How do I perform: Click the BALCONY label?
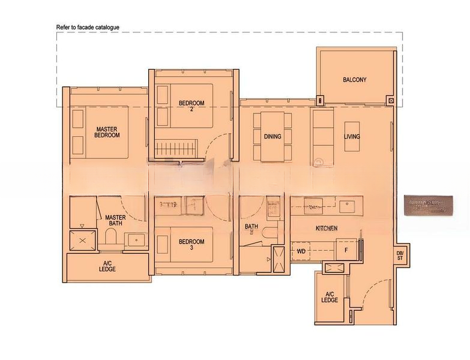pyautogui.click(x=355, y=80)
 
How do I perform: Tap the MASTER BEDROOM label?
pyautogui.click(x=107, y=132)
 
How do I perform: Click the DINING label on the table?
pyautogui.click(x=272, y=136)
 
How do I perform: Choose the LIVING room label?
pyautogui.click(x=352, y=136)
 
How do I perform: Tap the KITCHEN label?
pyautogui.click(x=327, y=229)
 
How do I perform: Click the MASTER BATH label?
pyautogui.click(x=115, y=221)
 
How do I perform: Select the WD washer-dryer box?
pyautogui.click(x=301, y=251)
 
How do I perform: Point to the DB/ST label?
pyautogui.click(x=400, y=256)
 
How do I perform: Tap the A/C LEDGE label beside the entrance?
pyautogui.click(x=330, y=296)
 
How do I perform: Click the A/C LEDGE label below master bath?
pyautogui.click(x=107, y=266)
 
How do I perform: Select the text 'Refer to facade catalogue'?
pyautogui.click(x=88, y=28)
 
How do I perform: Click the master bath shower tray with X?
pyautogui.click(x=83, y=239)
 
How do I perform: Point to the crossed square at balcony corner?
pyautogui.click(x=391, y=101)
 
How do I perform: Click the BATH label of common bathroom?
pyautogui.click(x=251, y=227)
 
